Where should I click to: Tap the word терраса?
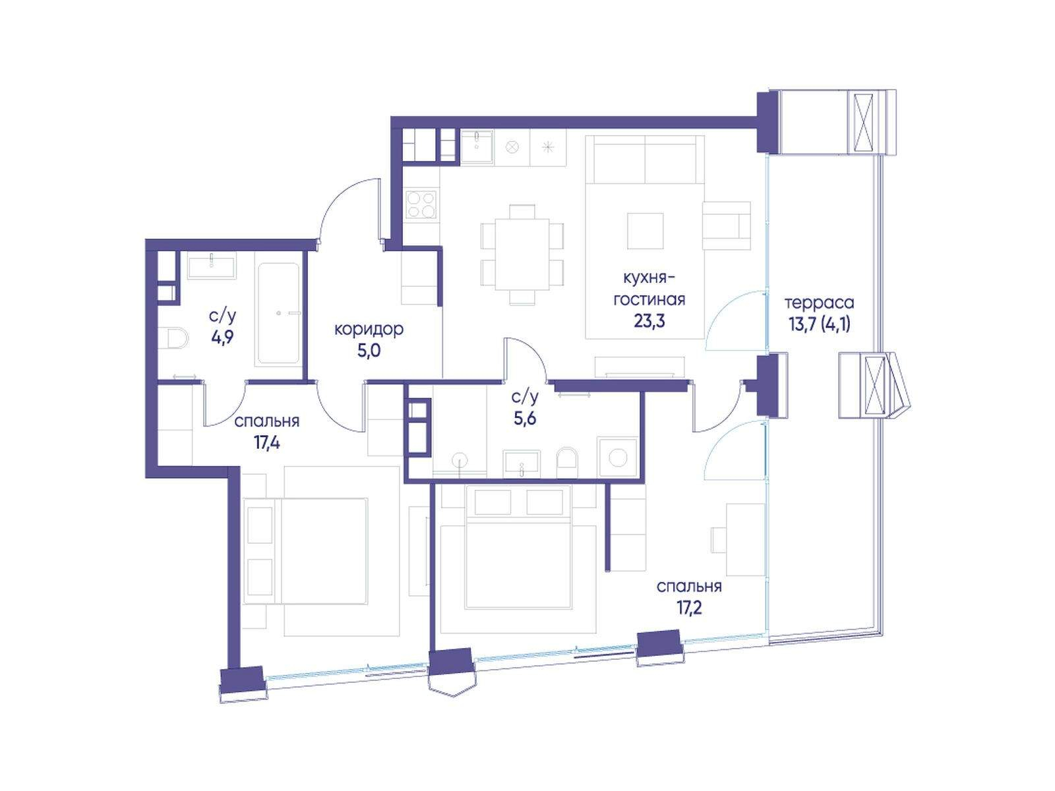pos(819,303)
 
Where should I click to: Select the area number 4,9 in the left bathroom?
pos(222,337)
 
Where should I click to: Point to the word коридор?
pos(369,330)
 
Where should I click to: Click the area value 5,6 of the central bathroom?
pos(525,419)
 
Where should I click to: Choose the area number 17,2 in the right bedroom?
pos(690,608)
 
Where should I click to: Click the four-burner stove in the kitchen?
pos(421,204)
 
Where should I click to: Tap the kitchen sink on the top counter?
pos(477,148)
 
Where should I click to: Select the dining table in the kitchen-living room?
pos(522,254)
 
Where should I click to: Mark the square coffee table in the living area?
pos(645,231)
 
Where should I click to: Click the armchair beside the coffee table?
pos(726,225)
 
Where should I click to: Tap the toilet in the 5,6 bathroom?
pos(567,463)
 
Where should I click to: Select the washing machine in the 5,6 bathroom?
pos(617,457)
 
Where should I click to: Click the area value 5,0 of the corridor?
pos(369,351)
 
